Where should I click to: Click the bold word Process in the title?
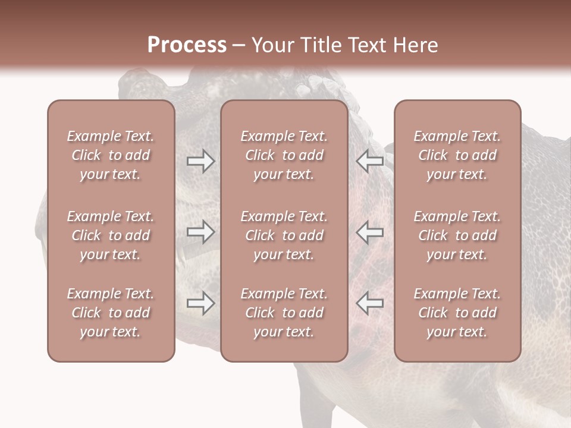point(187,45)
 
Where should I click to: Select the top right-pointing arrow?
point(200,160)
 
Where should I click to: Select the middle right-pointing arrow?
point(200,232)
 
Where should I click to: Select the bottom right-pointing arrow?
point(200,303)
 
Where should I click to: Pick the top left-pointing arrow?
point(370,160)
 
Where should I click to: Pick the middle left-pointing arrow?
point(370,232)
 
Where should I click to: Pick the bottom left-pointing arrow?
point(370,303)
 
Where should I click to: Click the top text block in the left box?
point(111,155)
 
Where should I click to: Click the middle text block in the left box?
point(111,235)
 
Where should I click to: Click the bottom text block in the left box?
point(111,313)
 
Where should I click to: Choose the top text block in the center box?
point(284,155)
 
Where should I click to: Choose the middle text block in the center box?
point(284,235)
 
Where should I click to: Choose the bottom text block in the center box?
point(284,313)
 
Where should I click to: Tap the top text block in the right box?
point(457,155)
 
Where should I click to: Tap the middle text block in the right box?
point(457,235)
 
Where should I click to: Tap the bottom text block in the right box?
point(457,313)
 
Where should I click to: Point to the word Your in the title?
point(269,45)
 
